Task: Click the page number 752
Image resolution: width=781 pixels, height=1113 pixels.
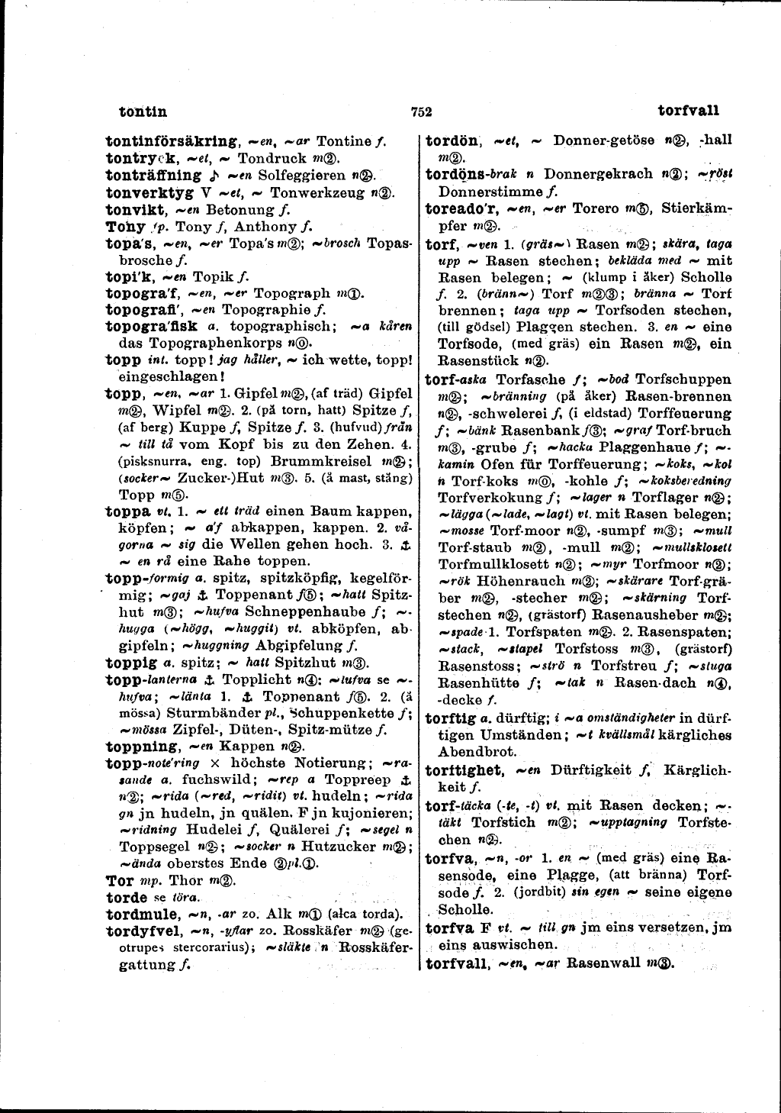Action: [422, 111]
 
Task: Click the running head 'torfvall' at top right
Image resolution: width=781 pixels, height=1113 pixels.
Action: [688, 110]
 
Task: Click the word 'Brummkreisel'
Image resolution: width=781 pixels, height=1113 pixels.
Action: [316, 461]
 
